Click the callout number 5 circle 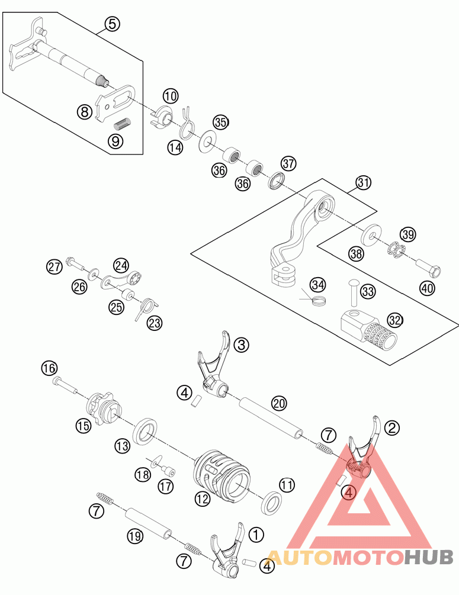tap(113, 24)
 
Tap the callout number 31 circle tap(362, 183)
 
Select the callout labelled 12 tap(203, 498)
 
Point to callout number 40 tap(427, 288)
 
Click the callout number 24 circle tap(121, 265)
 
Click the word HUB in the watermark tap(429, 557)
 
